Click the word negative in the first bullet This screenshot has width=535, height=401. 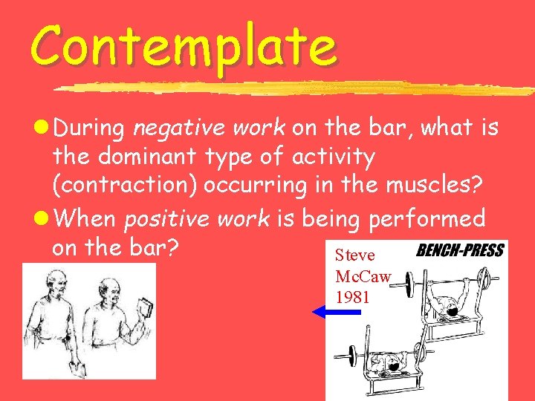[x=170, y=128]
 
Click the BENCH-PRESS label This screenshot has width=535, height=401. [x=460, y=251]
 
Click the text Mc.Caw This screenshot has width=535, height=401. [x=363, y=277]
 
